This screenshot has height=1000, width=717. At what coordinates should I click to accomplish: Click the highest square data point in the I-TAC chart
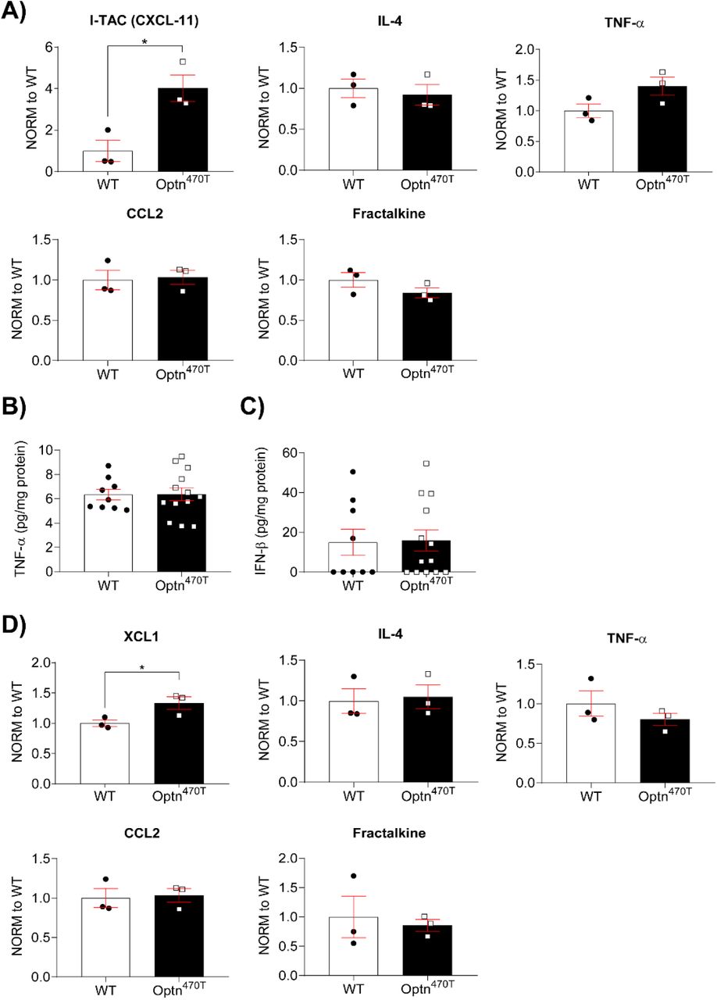tap(182, 62)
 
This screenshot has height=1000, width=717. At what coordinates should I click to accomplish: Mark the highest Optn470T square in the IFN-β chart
tap(426, 463)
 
